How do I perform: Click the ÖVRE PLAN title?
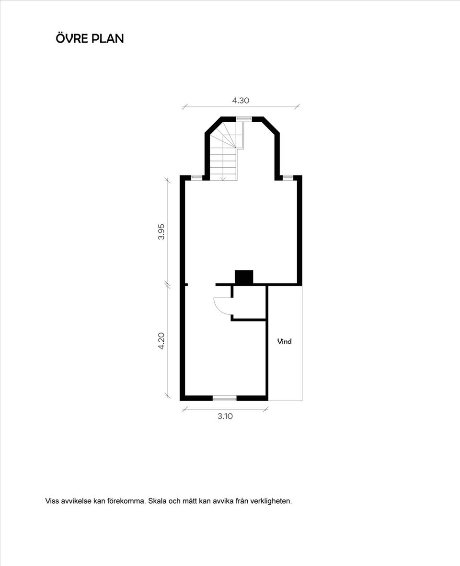pos(90,38)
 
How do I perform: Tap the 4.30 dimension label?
pos(241,100)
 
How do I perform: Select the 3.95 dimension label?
pos(161,232)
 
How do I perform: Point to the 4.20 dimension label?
pos(161,341)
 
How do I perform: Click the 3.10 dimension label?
pos(225,416)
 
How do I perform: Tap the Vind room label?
pos(284,341)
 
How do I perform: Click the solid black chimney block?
pos(244,277)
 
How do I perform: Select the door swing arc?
pos(221,306)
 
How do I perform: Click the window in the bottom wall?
pos(224,398)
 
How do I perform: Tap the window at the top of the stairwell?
pos(244,118)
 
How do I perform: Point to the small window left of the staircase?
pos(196,177)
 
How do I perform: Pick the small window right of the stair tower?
pos(288,177)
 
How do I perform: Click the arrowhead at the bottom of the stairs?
pos(224,178)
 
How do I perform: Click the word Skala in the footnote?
pos(157,501)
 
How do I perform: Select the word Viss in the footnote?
pos(52,501)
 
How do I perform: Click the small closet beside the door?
pos(249,302)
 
